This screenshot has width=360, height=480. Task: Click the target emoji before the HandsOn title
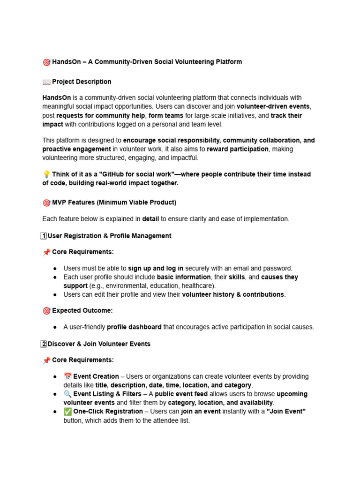click(46, 62)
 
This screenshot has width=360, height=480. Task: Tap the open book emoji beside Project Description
click(46, 82)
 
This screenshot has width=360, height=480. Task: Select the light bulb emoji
click(46, 174)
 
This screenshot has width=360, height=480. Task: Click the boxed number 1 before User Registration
click(44, 236)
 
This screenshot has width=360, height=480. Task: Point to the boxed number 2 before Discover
click(44, 344)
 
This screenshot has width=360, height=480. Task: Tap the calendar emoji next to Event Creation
click(67, 376)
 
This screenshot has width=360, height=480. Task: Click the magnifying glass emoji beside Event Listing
click(67, 394)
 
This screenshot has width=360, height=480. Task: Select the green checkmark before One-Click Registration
click(67, 411)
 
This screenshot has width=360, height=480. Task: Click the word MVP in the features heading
click(60, 202)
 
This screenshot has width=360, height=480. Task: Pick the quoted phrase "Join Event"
click(286, 411)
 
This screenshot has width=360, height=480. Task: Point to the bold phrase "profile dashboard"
click(134, 327)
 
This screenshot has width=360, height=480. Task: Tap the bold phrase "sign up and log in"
click(156, 268)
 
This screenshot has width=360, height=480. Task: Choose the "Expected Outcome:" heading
click(82, 311)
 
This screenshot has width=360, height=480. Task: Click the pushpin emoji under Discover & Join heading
click(46, 360)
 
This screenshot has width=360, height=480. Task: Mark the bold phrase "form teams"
click(165, 115)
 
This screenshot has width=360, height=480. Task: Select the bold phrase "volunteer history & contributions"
click(233, 294)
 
